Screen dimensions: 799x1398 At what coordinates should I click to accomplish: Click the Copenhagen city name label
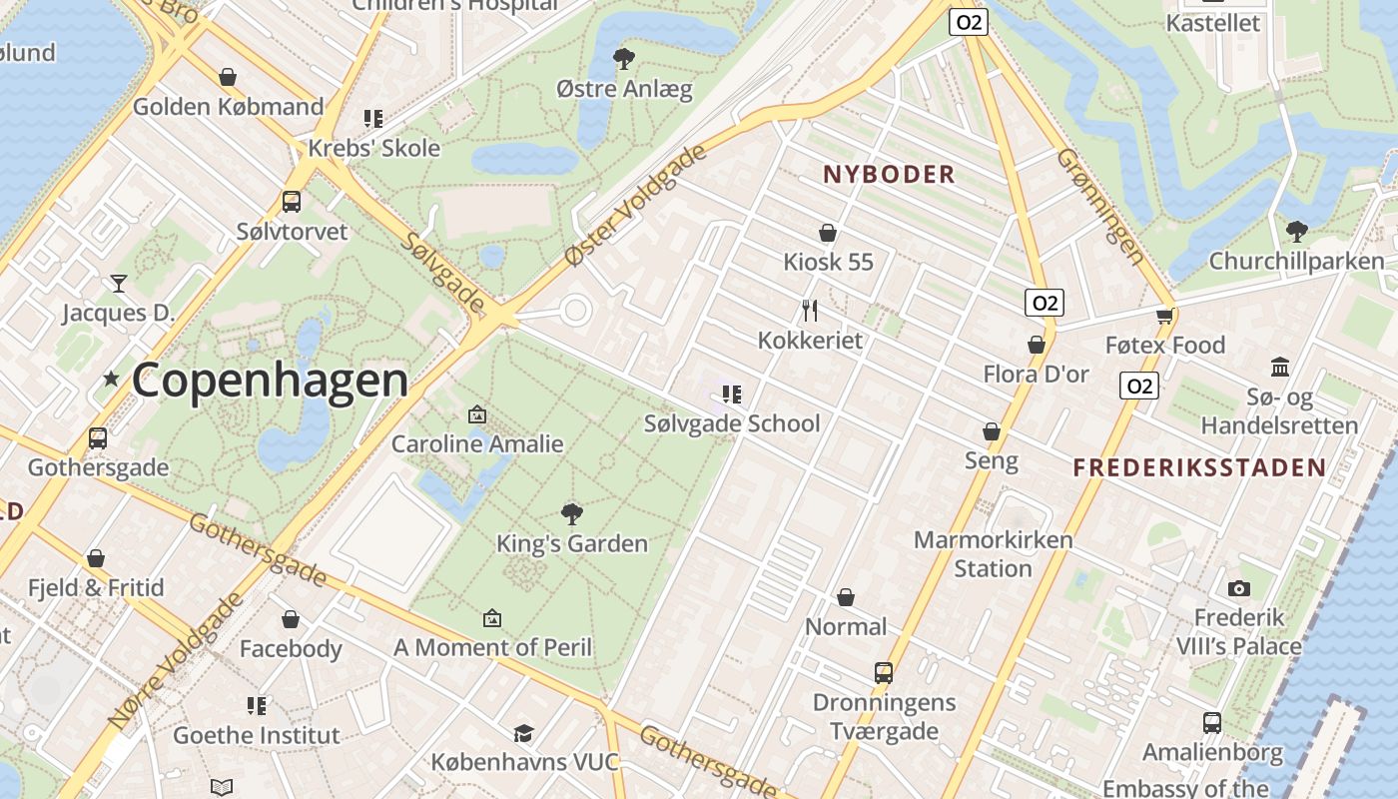pyautogui.click(x=270, y=381)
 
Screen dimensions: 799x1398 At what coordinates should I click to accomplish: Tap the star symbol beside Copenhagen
pyautogui.click(x=111, y=380)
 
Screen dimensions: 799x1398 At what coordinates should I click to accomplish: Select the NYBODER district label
pyautogui.click(x=889, y=175)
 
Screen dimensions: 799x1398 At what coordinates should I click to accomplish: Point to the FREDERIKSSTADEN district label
pyautogui.click(x=1199, y=467)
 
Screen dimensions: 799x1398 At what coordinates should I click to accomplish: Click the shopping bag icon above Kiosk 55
pyautogui.click(x=828, y=233)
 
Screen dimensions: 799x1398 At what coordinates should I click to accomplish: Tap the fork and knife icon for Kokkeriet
pyautogui.click(x=810, y=311)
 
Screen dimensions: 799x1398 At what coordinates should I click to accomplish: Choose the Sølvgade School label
pyautogui.click(x=732, y=423)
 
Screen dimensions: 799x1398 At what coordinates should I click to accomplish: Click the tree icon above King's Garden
pyautogui.click(x=572, y=514)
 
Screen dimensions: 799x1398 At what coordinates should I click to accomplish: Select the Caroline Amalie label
pyautogui.click(x=477, y=443)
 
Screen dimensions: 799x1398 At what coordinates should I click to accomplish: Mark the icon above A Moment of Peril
pyautogui.click(x=491, y=619)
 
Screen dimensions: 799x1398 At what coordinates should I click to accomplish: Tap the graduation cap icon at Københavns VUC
pyautogui.click(x=523, y=734)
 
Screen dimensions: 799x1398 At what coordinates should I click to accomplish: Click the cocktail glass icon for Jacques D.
pyautogui.click(x=119, y=284)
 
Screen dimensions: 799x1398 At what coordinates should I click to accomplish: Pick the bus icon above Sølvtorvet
pyautogui.click(x=292, y=202)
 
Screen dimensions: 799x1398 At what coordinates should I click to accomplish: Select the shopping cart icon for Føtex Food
pyautogui.click(x=1164, y=316)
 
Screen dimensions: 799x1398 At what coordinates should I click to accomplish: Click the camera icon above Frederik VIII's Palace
pyautogui.click(x=1239, y=588)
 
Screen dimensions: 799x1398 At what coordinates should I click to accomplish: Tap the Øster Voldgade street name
pyautogui.click(x=635, y=205)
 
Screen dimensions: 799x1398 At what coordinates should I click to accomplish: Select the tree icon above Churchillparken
pyautogui.click(x=1296, y=232)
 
